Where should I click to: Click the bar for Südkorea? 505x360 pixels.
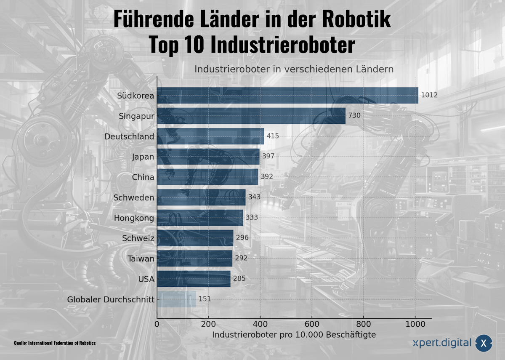click(x=287, y=96)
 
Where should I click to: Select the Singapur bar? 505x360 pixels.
click(x=251, y=116)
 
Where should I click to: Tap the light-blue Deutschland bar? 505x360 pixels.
click(x=210, y=136)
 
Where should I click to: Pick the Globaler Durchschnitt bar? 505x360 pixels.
click(x=176, y=299)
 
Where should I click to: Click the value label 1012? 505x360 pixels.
click(x=429, y=95)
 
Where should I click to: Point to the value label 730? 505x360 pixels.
click(x=354, y=115)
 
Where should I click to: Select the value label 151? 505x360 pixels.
click(x=205, y=299)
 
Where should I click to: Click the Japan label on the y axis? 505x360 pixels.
click(x=143, y=157)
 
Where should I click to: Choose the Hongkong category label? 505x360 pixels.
click(x=134, y=218)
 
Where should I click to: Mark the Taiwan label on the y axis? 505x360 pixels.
click(x=141, y=259)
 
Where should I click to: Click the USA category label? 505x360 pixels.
click(x=146, y=279)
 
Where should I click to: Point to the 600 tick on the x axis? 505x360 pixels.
click(x=311, y=324)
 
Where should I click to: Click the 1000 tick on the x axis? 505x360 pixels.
click(x=415, y=324)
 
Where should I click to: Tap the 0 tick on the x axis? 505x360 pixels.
click(x=157, y=324)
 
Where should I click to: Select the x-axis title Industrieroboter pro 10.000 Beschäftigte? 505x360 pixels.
click(x=294, y=335)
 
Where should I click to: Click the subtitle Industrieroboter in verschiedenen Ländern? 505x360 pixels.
click(x=294, y=69)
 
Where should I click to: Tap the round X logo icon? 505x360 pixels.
click(x=484, y=344)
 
